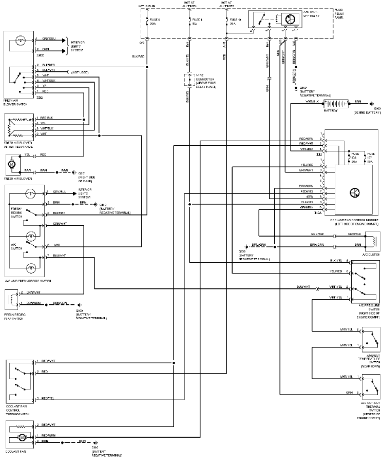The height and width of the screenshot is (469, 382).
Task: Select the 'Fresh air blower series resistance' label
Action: tap(18, 144)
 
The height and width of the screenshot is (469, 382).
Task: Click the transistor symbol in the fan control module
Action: tap(355, 192)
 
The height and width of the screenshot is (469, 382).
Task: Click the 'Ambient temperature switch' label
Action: tap(370, 360)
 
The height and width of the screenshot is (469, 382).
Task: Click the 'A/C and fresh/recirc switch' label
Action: tap(27, 282)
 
